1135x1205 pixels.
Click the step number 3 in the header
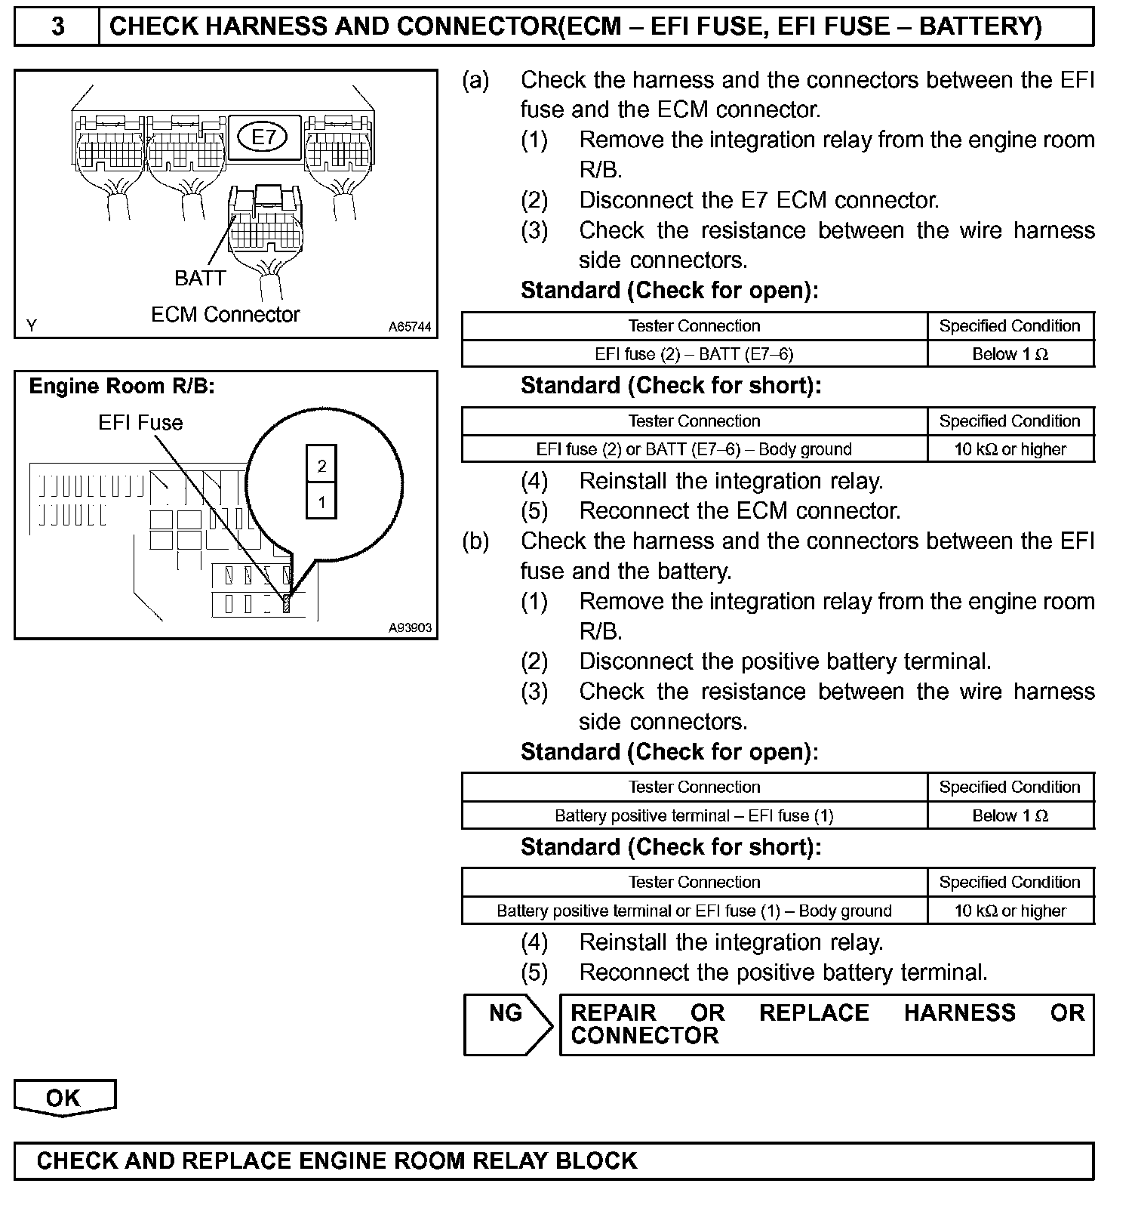(57, 27)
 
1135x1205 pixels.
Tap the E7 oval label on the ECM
(263, 137)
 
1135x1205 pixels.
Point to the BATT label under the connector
(200, 279)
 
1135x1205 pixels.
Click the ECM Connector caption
(225, 315)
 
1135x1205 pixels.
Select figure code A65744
(410, 327)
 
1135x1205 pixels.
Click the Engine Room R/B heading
(121, 387)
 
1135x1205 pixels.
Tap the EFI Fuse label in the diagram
(140, 423)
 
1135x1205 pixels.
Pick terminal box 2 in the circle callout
(321, 466)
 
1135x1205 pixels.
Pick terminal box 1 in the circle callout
(321, 502)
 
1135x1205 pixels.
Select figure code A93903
(410, 627)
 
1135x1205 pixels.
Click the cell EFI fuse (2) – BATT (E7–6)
(694, 354)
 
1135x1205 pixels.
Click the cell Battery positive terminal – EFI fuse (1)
(694, 815)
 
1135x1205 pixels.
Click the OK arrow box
(64, 1098)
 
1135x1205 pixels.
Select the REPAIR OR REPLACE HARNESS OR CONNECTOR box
(826, 1025)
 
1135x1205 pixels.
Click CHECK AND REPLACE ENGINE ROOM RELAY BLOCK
(337, 1160)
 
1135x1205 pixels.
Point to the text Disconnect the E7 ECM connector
(758, 201)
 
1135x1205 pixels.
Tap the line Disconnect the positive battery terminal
(785, 662)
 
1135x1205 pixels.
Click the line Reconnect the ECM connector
(740, 511)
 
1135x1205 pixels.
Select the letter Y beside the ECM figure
(32, 326)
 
